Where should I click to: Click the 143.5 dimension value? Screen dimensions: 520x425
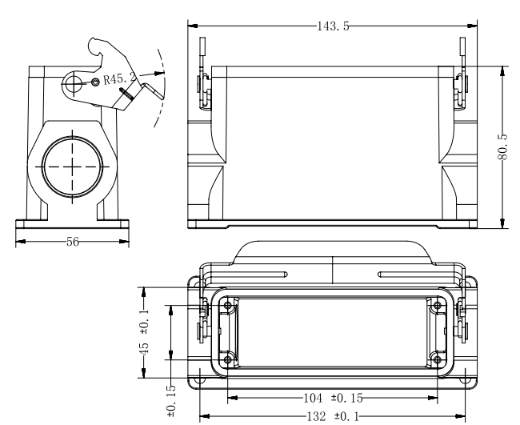point(333,26)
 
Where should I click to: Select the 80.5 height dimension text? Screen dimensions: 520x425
point(503,146)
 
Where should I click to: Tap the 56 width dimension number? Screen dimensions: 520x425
point(73,242)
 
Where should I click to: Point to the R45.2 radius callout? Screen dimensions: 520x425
point(120,79)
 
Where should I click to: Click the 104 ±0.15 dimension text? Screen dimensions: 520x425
point(333,398)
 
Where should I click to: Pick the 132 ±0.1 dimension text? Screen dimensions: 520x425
point(333,416)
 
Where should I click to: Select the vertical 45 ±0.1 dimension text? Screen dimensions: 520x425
point(144,332)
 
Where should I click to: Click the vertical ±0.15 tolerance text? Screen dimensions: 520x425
point(171,401)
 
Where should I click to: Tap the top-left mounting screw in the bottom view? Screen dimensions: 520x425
point(228,305)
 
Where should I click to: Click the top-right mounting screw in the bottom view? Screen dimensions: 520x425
point(438,305)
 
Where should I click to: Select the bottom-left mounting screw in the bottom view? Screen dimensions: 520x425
point(228,359)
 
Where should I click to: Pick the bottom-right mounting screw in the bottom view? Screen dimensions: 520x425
point(438,359)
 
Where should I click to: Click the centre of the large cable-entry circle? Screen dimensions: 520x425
point(73,166)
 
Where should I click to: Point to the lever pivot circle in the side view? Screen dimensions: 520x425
point(74,83)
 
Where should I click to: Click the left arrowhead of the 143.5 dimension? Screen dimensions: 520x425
point(193,26)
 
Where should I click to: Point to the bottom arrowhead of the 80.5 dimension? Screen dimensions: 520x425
point(503,223)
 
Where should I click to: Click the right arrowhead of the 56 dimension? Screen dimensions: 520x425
point(124,242)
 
